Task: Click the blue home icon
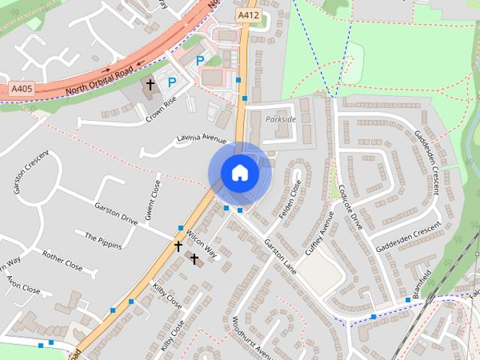tap(239, 172)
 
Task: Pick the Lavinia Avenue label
tap(201, 139)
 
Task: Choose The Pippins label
tap(103, 238)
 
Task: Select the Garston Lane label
tap(280, 255)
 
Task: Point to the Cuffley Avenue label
tap(318, 230)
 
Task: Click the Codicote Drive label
tap(349, 206)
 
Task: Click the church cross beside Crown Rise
tap(150, 85)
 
